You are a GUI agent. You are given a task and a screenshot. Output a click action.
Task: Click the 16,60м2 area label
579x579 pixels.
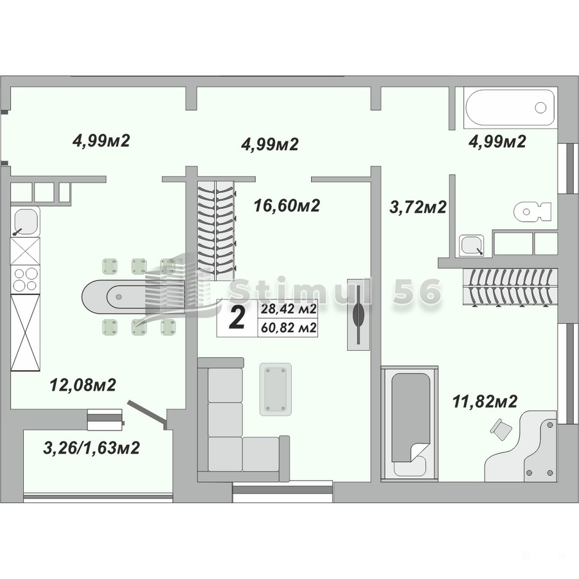pos(287,205)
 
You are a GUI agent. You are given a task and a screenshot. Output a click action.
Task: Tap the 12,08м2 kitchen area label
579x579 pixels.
pos(83,385)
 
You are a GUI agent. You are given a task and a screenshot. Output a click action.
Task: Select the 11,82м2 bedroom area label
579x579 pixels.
pos(485,402)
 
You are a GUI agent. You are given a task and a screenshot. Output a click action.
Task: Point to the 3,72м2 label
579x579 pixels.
pos(418,207)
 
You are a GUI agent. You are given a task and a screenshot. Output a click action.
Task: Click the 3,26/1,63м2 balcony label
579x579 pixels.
pos(92,448)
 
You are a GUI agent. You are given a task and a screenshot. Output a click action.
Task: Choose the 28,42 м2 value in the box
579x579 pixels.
pos(289,309)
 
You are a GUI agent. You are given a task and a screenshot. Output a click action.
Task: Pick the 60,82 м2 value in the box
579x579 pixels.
pos(289,328)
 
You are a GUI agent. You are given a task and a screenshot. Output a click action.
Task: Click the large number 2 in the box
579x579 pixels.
pos(236,318)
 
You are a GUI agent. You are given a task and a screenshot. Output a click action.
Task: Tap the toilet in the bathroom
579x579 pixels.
pos(533,211)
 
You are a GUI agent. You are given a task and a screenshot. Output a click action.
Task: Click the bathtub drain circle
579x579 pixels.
pos(540,107)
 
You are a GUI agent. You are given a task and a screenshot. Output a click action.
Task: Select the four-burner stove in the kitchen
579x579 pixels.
pos(24,279)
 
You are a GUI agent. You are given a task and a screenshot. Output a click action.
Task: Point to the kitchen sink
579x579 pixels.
pos(24,221)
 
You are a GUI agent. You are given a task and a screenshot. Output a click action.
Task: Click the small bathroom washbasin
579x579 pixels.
pos(471,245)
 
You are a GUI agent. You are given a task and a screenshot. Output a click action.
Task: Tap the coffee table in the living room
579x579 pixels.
pos(275,389)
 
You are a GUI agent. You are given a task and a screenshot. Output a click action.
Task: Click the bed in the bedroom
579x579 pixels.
pos(410,423)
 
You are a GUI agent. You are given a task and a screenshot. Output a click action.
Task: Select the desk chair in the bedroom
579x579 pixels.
pos(501,429)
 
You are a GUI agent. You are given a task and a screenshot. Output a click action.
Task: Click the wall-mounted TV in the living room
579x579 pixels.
pos(358,314)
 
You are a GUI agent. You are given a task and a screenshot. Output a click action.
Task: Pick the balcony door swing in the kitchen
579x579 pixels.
pos(147,415)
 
